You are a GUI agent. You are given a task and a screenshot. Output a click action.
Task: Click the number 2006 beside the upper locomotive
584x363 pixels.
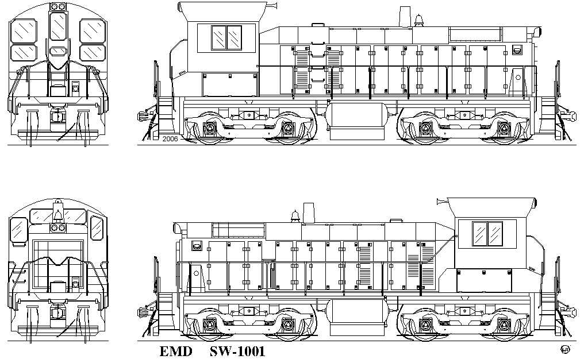(170, 139)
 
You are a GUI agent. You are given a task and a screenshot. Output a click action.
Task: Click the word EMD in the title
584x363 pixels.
(176, 352)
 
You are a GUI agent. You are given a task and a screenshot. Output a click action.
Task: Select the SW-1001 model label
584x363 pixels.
(237, 352)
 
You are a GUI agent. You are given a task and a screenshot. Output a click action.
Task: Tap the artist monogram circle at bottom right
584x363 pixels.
(566, 350)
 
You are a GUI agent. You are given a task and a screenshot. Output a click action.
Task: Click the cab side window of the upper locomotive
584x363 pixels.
(226, 37)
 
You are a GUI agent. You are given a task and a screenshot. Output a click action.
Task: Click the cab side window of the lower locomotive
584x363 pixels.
(487, 233)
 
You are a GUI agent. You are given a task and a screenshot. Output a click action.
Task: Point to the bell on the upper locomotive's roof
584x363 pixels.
(418, 20)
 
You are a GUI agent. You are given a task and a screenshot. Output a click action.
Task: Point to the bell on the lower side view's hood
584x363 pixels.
(295, 217)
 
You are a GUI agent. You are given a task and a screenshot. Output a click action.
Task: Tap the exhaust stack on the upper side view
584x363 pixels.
(405, 17)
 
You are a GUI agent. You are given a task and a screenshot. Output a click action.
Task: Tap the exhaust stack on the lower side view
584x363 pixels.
(309, 213)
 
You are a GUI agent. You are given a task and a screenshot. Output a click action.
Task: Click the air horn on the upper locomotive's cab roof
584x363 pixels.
(272, 5)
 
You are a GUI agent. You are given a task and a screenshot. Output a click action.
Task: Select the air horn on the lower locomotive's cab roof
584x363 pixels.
(442, 202)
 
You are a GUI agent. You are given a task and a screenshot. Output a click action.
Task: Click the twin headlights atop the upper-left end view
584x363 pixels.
(57, 6)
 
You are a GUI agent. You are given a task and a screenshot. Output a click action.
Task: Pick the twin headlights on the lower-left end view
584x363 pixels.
(57, 228)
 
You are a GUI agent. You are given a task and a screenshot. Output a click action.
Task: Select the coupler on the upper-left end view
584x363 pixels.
(57, 117)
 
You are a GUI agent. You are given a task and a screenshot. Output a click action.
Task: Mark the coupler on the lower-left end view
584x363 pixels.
(57, 312)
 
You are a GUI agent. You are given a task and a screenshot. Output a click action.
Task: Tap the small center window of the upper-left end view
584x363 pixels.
(57, 52)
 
